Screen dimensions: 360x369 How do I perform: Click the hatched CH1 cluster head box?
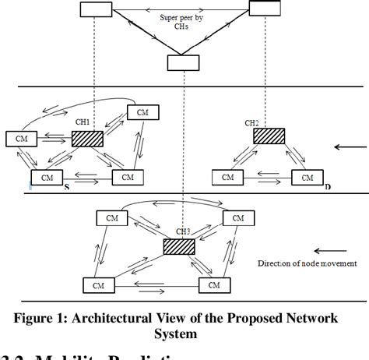tap(87, 139)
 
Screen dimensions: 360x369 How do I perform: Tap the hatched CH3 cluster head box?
tap(179, 246)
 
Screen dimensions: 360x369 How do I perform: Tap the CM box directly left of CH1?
tap(20, 139)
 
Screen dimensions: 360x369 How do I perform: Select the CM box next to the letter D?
tap(308, 177)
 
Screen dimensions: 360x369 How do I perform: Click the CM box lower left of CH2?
tap(228, 177)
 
